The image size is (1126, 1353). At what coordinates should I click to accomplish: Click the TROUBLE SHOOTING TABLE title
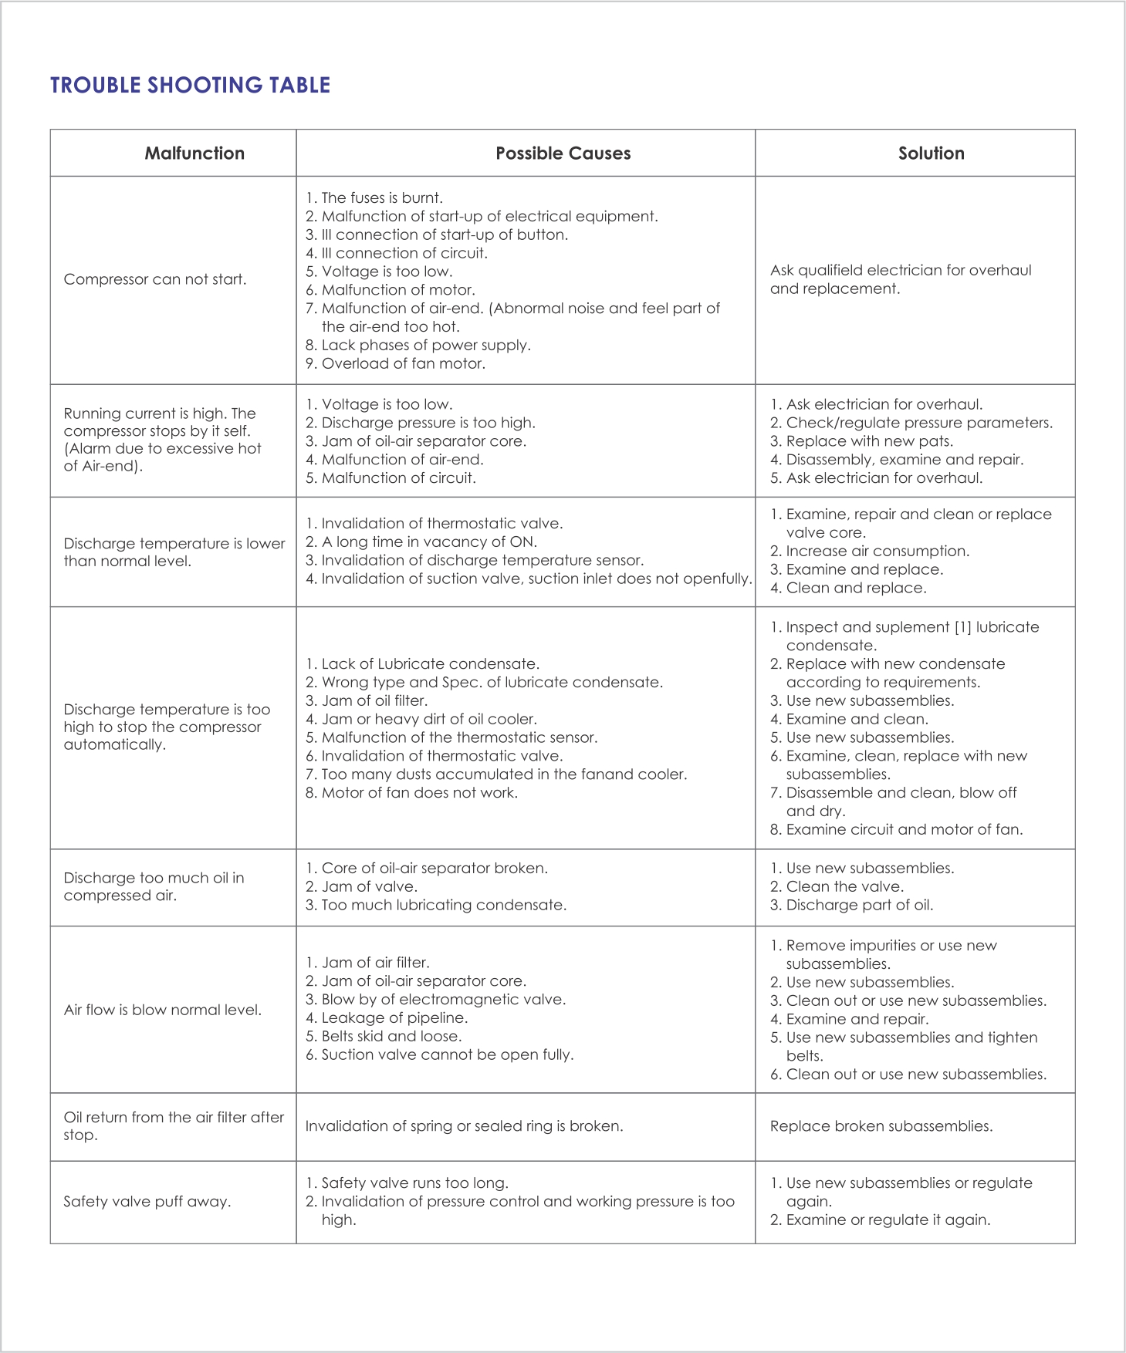pos(190,85)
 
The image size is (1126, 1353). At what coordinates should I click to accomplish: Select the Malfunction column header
pos(194,154)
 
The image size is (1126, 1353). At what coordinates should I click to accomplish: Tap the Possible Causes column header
pos(563,154)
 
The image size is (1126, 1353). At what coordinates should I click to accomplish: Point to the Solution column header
pos(931,154)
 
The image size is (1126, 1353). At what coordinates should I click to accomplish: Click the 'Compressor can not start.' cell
pos(155,279)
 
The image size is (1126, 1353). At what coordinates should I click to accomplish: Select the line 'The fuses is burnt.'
pos(381,198)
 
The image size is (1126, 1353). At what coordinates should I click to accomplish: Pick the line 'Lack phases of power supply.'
pos(425,345)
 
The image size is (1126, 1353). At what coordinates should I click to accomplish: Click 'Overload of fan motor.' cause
pos(403,363)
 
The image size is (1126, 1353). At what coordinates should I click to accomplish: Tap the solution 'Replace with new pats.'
pos(869,441)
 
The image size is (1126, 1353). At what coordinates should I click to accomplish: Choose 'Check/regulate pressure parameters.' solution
pos(918,423)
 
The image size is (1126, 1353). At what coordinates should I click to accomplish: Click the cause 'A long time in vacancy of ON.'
pos(428,542)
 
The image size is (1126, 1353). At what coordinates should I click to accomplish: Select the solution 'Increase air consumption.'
pos(877,551)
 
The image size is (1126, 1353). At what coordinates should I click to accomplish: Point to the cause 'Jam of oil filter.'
pos(374,700)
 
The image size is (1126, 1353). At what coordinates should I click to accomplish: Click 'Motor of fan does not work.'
pos(419,793)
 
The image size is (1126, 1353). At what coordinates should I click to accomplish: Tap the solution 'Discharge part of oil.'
pos(859,905)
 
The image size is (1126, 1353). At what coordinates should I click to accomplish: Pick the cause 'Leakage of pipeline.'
pos(394,1018)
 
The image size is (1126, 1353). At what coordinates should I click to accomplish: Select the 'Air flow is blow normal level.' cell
pos(163,1010)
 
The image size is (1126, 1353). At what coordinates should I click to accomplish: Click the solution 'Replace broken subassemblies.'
pos(881,1126)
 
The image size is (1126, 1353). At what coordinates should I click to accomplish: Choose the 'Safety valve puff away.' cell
pos(147,1202)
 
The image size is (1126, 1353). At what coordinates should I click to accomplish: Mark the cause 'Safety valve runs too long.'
pos(414,1183)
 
